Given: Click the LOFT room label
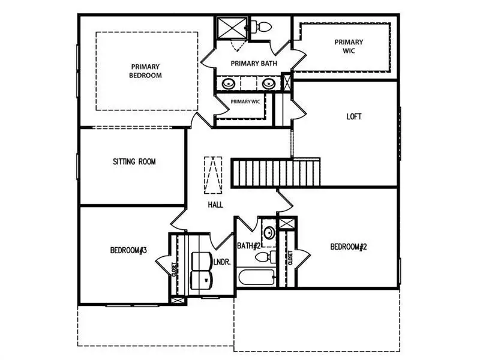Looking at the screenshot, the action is click(354, 116).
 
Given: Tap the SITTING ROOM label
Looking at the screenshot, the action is click(134, 161).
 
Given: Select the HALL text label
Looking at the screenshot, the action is click(215, 205).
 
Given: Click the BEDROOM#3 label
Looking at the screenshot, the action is click(128, 250).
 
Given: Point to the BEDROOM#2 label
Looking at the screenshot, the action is click(349, 247).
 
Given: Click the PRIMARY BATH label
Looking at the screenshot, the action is click(254, 64).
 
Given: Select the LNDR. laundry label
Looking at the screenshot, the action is click(222, 262).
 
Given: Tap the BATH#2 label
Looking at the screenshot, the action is click(248, 246).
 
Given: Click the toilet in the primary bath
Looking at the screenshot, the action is click(261, 27).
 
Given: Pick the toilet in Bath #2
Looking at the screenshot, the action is click(265, 257).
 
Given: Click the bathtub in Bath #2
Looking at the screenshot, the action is click(257, 277).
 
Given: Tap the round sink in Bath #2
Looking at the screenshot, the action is click(269, 233).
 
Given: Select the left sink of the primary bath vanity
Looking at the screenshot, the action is click(229, 83).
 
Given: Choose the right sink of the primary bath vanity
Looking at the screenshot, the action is click(268, 83).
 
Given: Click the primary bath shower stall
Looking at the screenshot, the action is click(232, 28).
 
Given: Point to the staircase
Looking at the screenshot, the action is click(275, 172).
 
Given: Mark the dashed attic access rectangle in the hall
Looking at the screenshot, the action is click(213, 175).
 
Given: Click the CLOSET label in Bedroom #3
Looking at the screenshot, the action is click(174, 269).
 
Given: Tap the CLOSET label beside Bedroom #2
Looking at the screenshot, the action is click(290, 258).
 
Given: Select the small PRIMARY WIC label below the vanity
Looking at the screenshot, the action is click(245, 101).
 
